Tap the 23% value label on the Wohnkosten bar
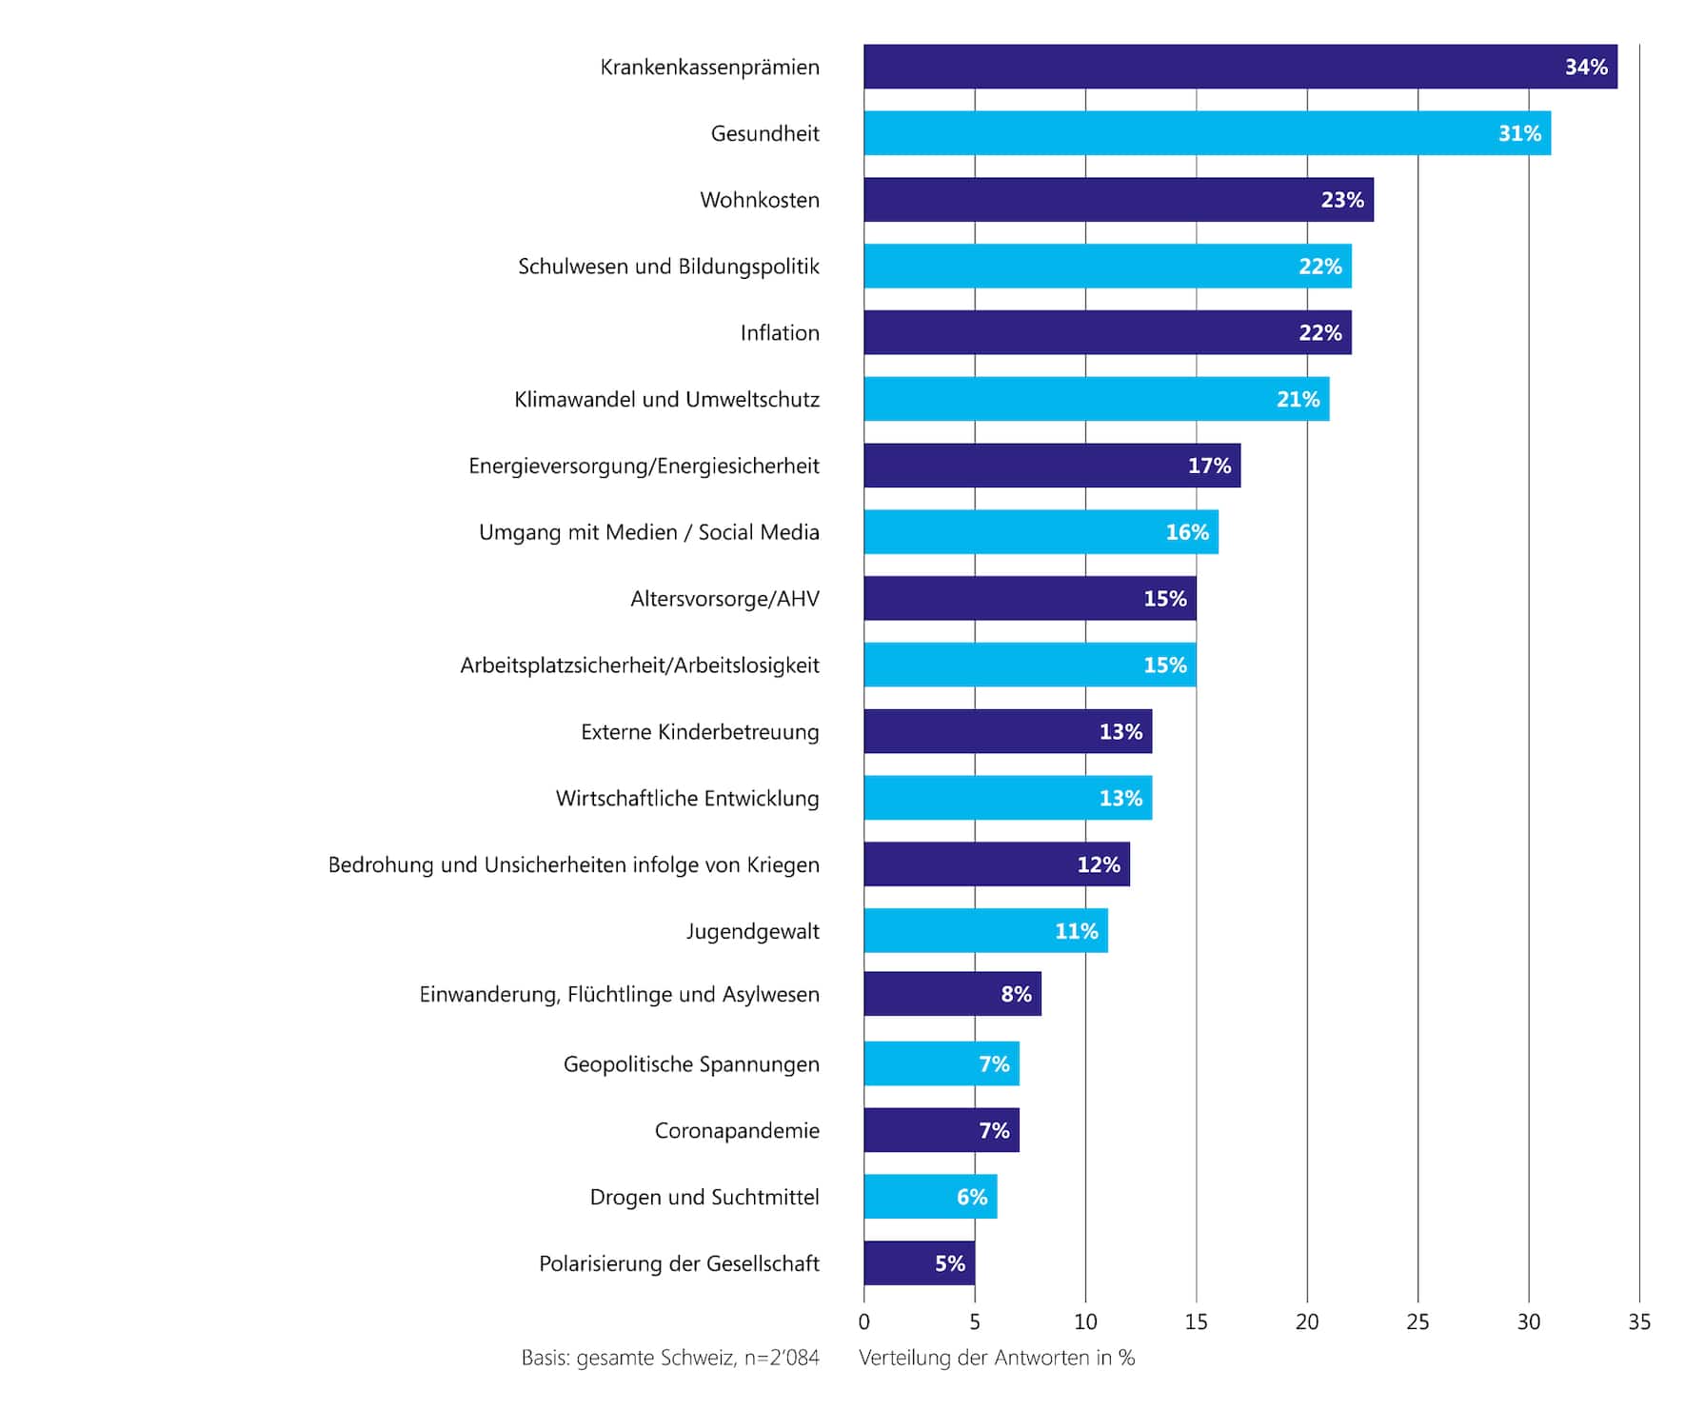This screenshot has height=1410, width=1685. point(1342,200)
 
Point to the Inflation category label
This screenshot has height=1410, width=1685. point(780,333)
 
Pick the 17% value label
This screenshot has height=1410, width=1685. point(1209,466)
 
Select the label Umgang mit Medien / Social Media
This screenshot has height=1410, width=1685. point(648,532)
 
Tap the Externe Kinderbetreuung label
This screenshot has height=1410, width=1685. point(700,732)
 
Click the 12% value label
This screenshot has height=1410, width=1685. point(1099,864)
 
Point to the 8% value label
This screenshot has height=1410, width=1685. point(1016,994)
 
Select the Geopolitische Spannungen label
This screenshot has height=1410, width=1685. point(691,1064)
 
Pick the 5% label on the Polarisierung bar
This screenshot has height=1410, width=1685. point(950,1263)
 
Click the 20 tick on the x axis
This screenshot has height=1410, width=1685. point(1307,1321)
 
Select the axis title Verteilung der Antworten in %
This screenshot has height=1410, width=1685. point(997,1358)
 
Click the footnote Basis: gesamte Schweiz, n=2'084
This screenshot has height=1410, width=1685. point(670,1358)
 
